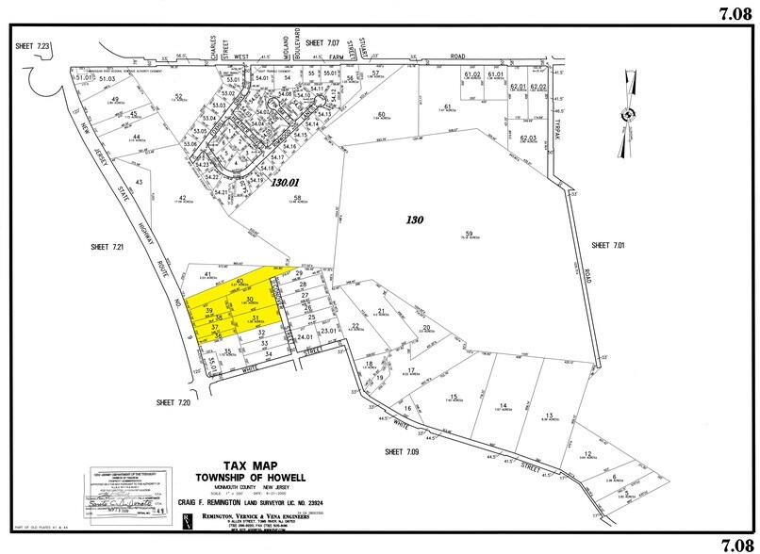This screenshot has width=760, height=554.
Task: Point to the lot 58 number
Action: tap(296, 198)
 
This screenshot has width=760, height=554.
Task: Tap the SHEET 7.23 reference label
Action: tap(33, 45)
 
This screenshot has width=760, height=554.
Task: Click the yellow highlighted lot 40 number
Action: tap(240, 282)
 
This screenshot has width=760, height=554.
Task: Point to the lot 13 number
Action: tap(548, 415)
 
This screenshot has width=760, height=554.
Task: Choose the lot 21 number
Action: tap(383, 311)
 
